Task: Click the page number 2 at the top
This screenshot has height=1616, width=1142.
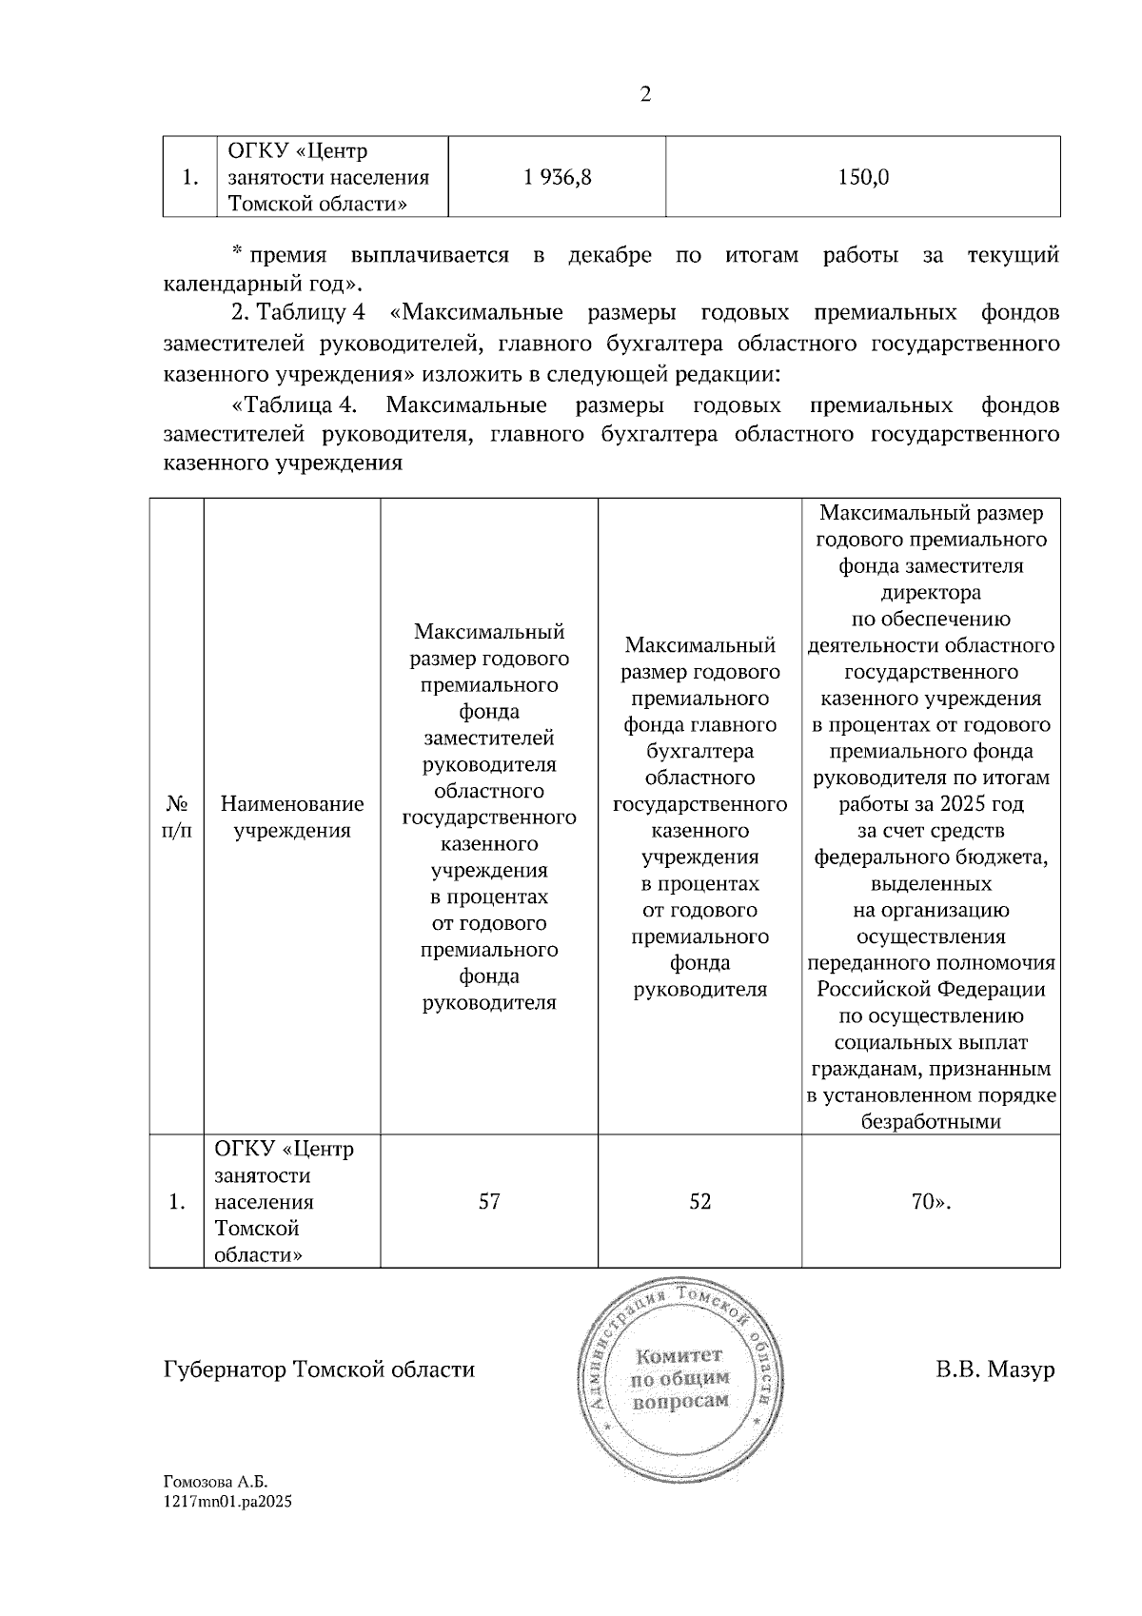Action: [645, 95]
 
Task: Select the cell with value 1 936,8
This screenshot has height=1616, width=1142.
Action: [558, 177]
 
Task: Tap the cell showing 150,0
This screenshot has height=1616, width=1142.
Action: [863, 177]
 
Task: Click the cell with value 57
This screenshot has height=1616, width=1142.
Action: [489, 1202]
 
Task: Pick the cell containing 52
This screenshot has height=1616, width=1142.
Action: [699, 1202]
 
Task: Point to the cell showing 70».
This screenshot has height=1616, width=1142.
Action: [930, 1202]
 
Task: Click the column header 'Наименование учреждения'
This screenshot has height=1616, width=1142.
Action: [292, 818]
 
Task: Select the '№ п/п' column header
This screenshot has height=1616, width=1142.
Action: [177, 818]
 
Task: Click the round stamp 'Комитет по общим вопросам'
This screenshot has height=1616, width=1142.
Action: [681, 1377]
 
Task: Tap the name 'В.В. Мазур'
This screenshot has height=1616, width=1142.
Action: [994, 1370]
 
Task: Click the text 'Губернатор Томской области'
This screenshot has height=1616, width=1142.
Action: [319, 1370]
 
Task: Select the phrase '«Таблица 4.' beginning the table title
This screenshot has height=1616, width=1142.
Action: [294, 405]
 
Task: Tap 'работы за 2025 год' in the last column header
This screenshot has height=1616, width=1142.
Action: [930, 804]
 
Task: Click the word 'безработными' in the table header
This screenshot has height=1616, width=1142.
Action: [930, 1122]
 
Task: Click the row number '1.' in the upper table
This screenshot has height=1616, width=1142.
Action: [190, 177]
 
